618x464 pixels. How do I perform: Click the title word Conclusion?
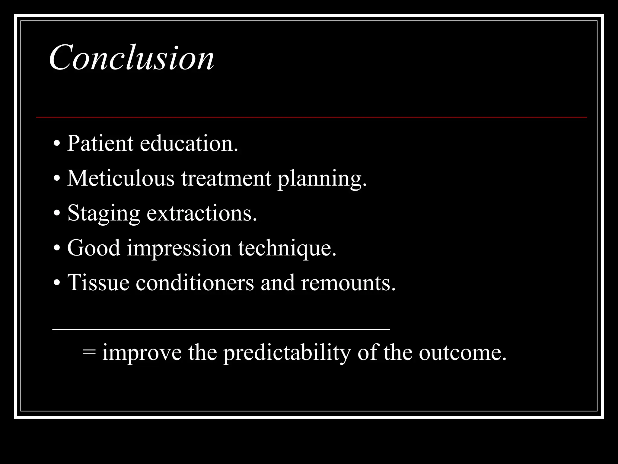click(x=132, y=57)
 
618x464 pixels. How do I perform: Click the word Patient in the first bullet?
click(x=100, y=143)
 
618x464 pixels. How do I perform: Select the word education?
click(x=189, y=143)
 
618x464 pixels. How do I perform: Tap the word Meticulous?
click(x=121, y=178)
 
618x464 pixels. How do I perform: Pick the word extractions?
click(x=202, y=213)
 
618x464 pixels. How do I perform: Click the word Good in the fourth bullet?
click(x=94, y=248)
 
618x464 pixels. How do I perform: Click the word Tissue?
click(x=98, y=283)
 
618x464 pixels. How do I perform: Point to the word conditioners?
click(x=195, y=283)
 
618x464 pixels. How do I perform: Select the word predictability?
click(x=287, y=353)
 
